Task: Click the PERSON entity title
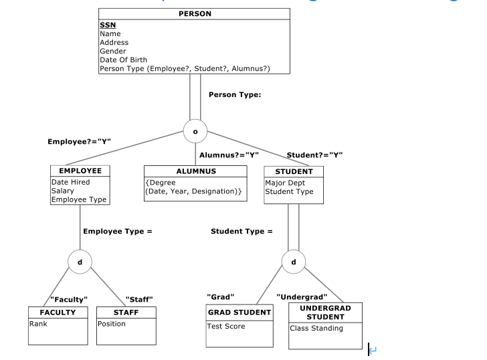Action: (195, 13)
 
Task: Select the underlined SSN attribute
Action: (107, 25)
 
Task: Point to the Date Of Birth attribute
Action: (123, 60)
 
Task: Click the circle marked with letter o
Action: (195, 131)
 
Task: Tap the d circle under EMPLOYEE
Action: (80, 261)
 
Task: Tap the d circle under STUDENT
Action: (293, 261)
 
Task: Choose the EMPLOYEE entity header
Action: (80, 171)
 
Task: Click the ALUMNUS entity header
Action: (196, 171)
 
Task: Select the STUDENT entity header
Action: (294, 171)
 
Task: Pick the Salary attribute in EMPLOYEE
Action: (63, 191)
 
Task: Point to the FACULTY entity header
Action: (58, 312)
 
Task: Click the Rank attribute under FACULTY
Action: (38, 324)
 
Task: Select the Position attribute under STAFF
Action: (112, 324)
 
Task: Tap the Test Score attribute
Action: (226, 327)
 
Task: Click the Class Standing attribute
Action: (316, 328)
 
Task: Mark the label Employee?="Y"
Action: (79, 142)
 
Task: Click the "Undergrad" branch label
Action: (302, 296)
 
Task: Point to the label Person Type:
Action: (235, 95)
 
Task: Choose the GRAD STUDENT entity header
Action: (239, 312)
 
